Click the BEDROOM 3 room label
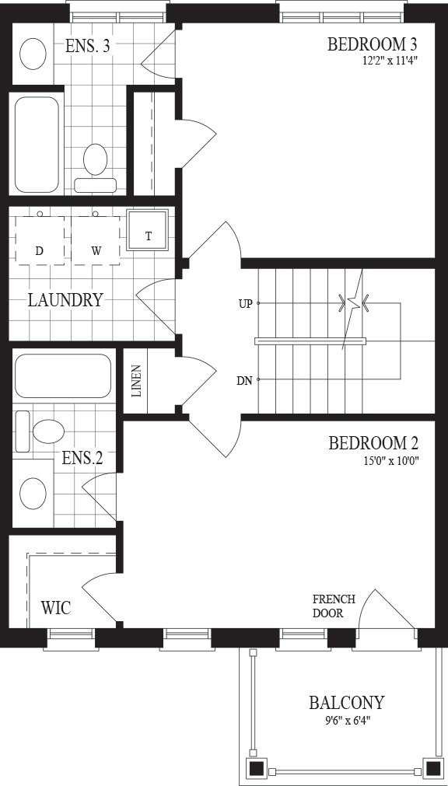coord(373,44)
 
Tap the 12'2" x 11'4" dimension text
coord(387,61)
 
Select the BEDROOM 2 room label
coord(373,443)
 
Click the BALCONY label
coord(347,702)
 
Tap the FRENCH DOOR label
coord(334,606)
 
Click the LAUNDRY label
coord(65,300)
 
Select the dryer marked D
coord(40,240)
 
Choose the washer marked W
coord(96,240)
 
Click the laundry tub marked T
coord(147,229)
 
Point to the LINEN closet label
coord(137,380)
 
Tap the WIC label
coord(56,607)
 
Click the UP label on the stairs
coord(245,303)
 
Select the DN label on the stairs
coord(245,380)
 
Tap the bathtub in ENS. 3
coord(37,145)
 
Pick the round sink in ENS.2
coord(33,492)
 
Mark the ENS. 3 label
coord(88,46)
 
